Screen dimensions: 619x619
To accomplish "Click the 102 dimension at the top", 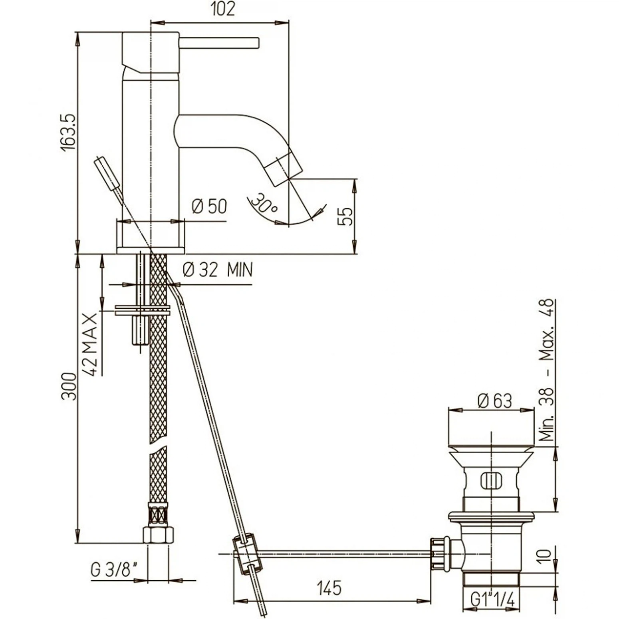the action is [x=223, y=9].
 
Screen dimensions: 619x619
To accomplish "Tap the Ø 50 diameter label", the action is [x=209, y=206].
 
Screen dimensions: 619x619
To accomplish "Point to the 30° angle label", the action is [x=266, y=203].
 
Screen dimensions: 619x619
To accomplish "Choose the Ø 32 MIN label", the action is [x=218, y=270].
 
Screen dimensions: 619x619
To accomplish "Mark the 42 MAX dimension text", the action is [x=90, y=345].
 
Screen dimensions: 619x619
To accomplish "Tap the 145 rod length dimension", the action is [x=329, y=588].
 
